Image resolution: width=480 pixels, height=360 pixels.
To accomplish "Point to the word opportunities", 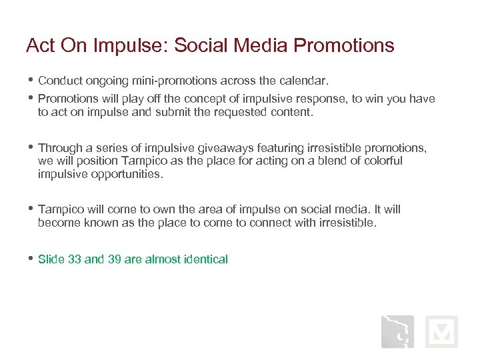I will (124, 174).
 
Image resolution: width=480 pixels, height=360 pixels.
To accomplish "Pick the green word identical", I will (205, 259).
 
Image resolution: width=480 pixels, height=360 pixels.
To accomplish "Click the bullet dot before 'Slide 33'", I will (30, 259).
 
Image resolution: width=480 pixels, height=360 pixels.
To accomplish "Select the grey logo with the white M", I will (441, 332).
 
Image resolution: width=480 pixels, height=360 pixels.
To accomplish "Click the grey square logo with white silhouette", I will (397, 332).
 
